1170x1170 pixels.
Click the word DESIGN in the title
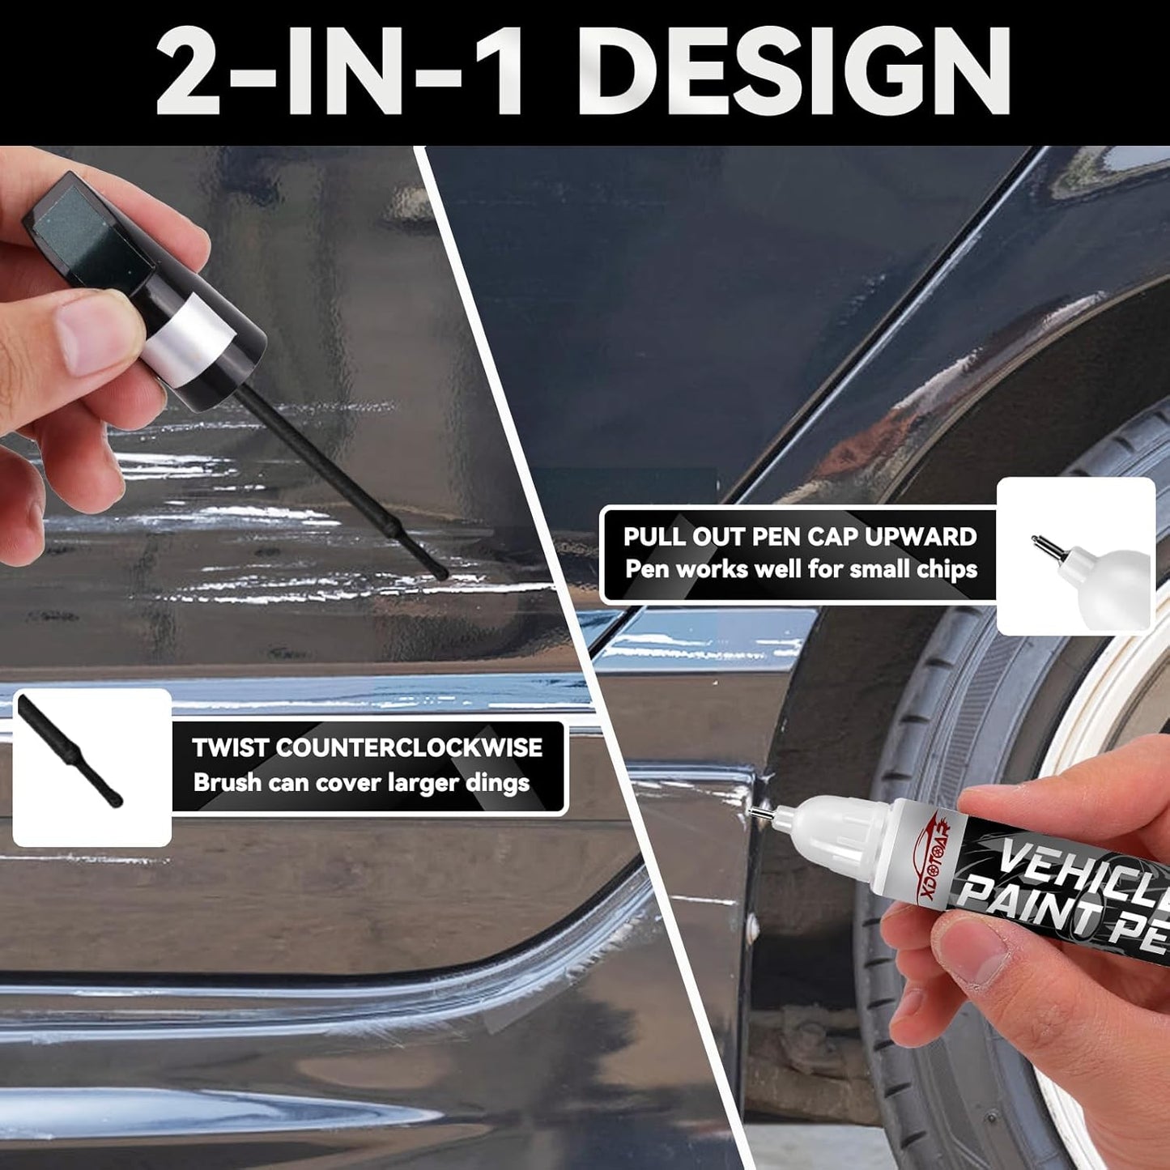tap(793, 73)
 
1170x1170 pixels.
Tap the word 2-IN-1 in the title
tap(340, 73)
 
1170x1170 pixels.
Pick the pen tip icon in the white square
tap(1053, 551)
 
